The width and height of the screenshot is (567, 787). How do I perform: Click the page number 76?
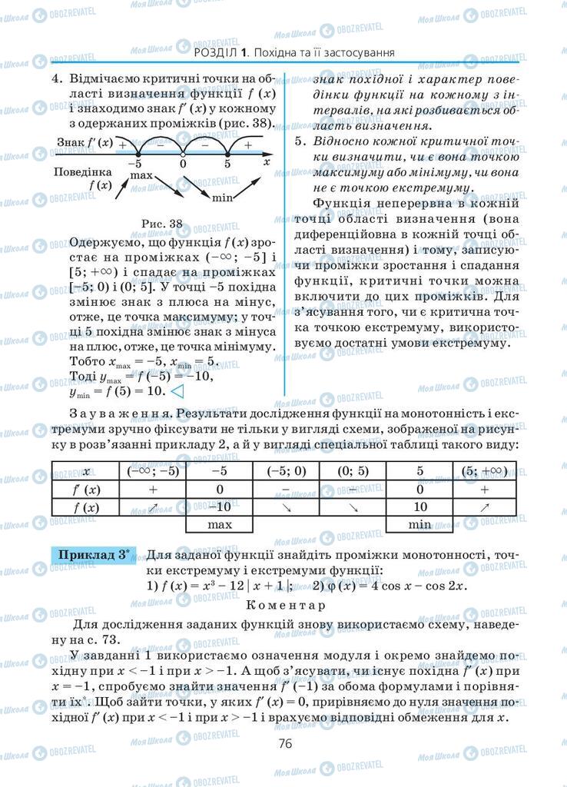coord(284,743)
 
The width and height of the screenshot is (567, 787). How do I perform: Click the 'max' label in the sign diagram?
coord(141,176)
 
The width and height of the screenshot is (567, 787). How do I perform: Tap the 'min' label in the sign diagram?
coord(223,198)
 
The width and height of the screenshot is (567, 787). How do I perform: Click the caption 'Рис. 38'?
coord(163,224)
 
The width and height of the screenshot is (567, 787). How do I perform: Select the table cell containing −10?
coord(220,507)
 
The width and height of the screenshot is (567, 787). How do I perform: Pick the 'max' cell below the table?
coord(220,525)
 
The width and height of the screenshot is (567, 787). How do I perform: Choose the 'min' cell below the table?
coord(419,525)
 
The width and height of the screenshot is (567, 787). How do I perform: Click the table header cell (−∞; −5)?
coord(152,471)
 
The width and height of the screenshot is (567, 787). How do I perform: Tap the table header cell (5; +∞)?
coord(485,471)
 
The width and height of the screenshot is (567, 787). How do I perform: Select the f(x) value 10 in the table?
coord(419,507)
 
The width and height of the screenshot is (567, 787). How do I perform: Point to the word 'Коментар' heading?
coord(283,605)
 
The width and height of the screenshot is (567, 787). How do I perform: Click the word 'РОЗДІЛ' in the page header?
coord(216,53)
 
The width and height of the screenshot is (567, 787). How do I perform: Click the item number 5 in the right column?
coord(300,141)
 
